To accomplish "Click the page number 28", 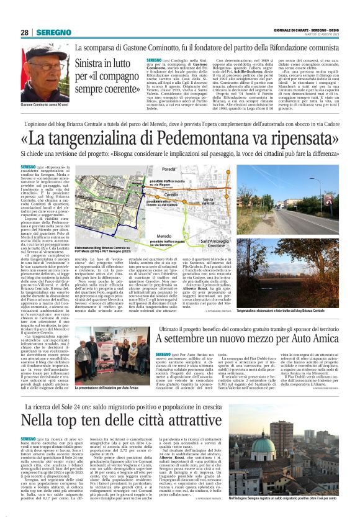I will pyautogui.click(x=24, y=32).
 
